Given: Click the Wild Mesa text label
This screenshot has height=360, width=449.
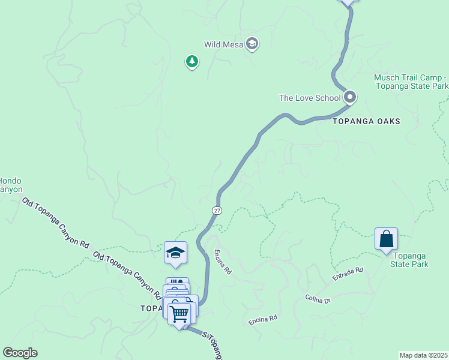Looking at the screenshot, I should coord(224,44).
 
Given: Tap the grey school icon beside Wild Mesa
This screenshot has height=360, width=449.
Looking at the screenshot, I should coord(253,44).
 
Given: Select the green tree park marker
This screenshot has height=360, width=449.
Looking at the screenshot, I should coord(192,61).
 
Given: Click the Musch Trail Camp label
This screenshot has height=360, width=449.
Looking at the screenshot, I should coord(411,82).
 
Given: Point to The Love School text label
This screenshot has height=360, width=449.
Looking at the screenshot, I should coord(310,98).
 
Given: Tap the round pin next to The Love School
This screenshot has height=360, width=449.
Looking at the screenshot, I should coord(350,97).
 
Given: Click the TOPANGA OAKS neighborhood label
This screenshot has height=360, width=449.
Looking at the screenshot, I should coord(366,121).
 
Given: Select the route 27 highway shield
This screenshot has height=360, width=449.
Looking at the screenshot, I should coord(217,210).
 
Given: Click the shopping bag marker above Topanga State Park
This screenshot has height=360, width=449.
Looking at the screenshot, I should coord(386,239).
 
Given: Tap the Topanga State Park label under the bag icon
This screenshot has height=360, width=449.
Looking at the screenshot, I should coord(409,260).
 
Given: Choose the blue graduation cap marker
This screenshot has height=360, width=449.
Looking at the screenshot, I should coord(175,253).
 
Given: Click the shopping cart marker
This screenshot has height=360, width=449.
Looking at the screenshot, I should coord(179,314).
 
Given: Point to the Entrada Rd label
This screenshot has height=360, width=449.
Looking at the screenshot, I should coord(348,274).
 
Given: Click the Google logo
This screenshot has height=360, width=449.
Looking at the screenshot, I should coord(19,353).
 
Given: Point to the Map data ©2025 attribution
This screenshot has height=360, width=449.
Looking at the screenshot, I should coord(424,355).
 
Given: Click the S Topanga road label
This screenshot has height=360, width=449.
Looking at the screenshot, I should coord(212,346).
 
